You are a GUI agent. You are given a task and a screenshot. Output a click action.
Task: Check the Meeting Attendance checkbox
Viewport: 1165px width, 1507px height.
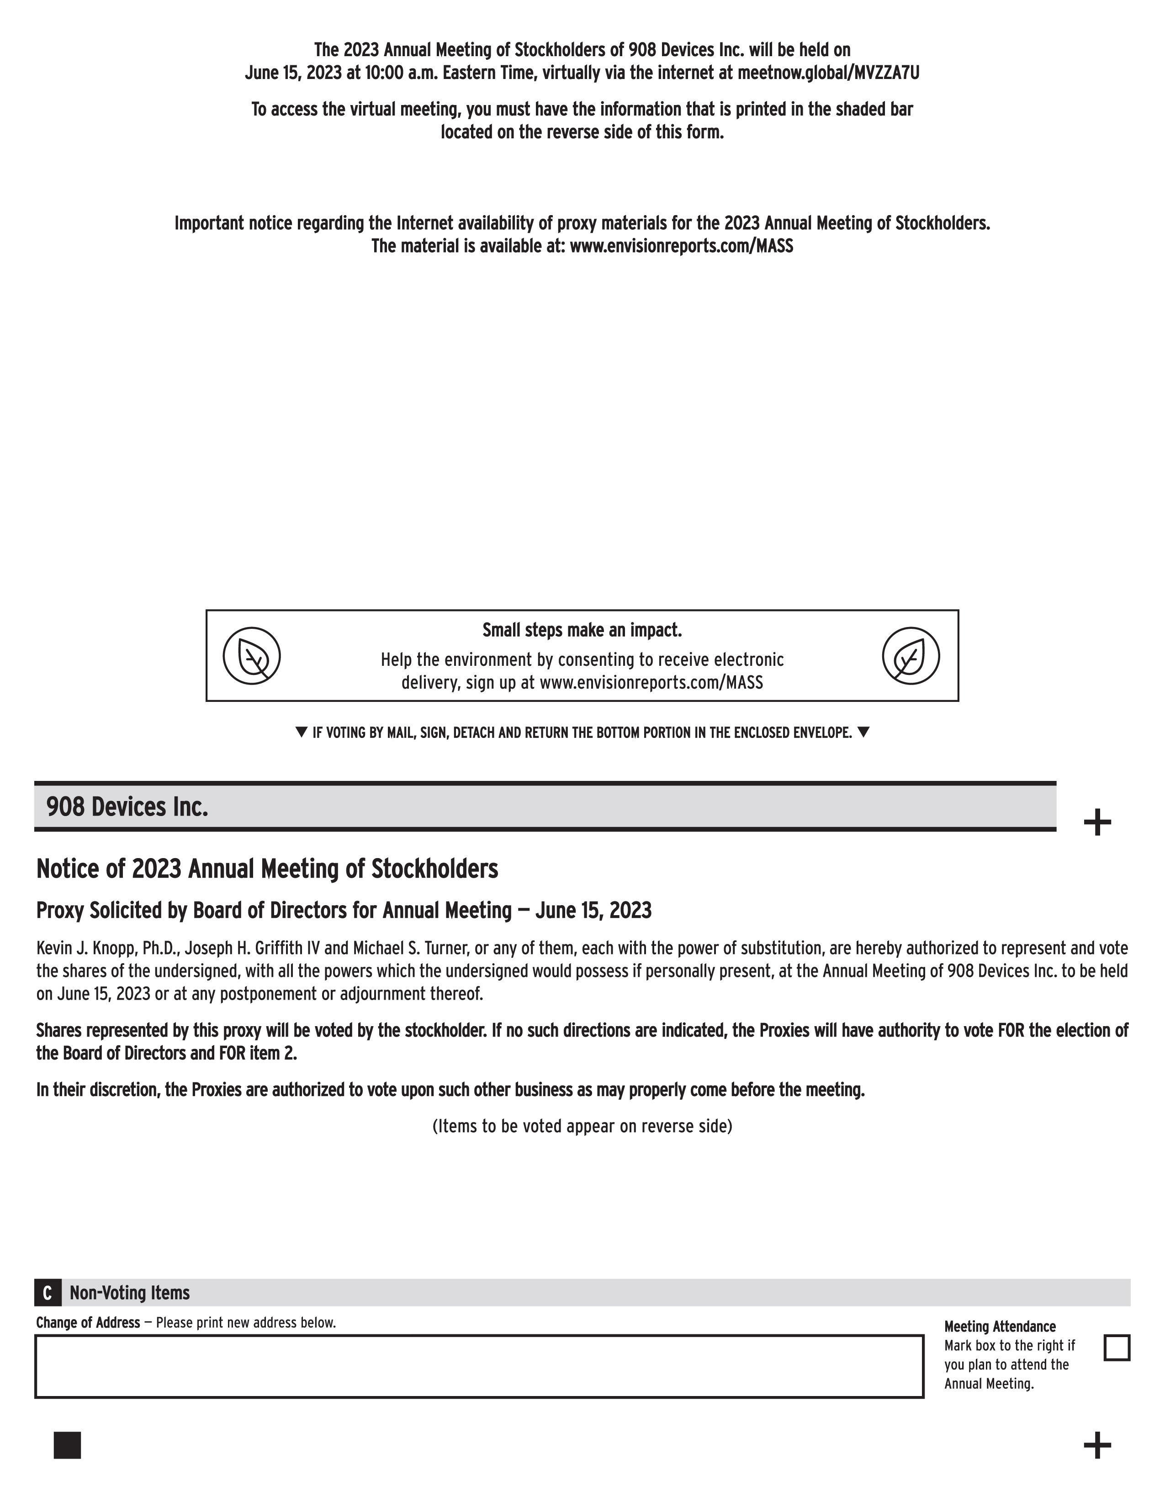(x=1117, y=1348)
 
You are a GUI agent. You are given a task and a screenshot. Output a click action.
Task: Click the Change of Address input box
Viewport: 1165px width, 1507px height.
(x=479, y=1366)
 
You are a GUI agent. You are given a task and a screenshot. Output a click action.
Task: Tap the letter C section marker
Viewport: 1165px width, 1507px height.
(x=47, y=1292)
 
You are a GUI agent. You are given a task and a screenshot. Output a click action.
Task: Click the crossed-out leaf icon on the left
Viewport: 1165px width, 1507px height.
(x=252, y=655)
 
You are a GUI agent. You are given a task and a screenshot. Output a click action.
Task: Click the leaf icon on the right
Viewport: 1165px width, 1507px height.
(x=911, y=655)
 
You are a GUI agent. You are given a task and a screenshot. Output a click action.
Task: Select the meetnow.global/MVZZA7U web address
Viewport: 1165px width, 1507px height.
(x=828, y=73)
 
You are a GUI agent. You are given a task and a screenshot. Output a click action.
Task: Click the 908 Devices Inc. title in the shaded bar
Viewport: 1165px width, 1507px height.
(x=127, y=806)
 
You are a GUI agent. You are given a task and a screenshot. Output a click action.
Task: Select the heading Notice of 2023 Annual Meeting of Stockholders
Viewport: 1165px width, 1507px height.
(x=267, y=869)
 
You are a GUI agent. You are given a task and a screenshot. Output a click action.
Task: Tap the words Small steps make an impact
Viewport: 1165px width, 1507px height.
(x=582, y=630)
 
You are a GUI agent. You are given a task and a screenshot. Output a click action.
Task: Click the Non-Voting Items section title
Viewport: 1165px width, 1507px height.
(x=130, y=1292)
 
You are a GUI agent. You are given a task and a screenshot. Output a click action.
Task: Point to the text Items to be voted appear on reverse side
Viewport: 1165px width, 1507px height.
(x=582, y=1126)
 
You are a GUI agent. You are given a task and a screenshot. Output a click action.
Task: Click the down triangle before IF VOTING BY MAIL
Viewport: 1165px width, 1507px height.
(x=301, y=732)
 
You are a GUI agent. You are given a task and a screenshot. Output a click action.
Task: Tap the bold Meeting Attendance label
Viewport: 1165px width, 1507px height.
(x=999, y=1326)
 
